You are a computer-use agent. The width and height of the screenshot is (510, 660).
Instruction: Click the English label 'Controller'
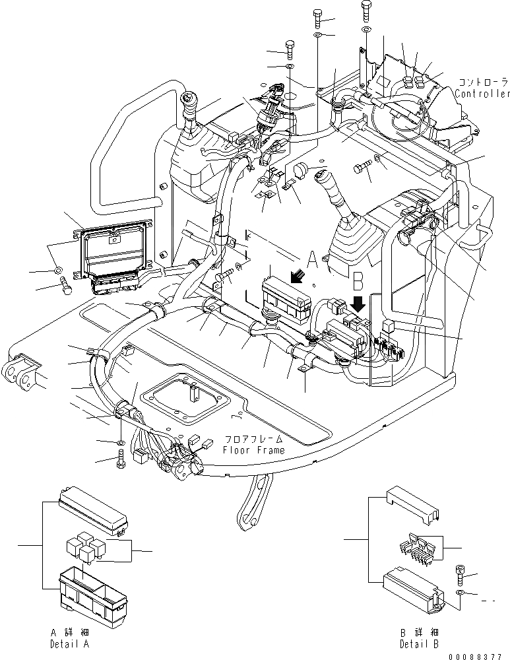(482, 94)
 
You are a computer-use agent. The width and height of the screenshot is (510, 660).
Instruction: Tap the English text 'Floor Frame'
(254, 450)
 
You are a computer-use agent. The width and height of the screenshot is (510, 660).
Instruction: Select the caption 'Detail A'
(70, 644)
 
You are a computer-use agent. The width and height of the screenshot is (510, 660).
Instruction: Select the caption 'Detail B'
(419, 644)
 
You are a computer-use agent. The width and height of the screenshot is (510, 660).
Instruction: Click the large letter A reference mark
(312, 259)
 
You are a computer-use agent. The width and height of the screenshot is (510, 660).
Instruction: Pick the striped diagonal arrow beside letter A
(298, 276)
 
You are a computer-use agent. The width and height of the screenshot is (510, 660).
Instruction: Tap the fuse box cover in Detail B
(413, 504)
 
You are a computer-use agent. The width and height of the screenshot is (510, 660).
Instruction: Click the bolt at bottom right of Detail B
(459, 575)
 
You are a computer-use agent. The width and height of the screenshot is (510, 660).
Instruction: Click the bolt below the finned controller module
(65, 285)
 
